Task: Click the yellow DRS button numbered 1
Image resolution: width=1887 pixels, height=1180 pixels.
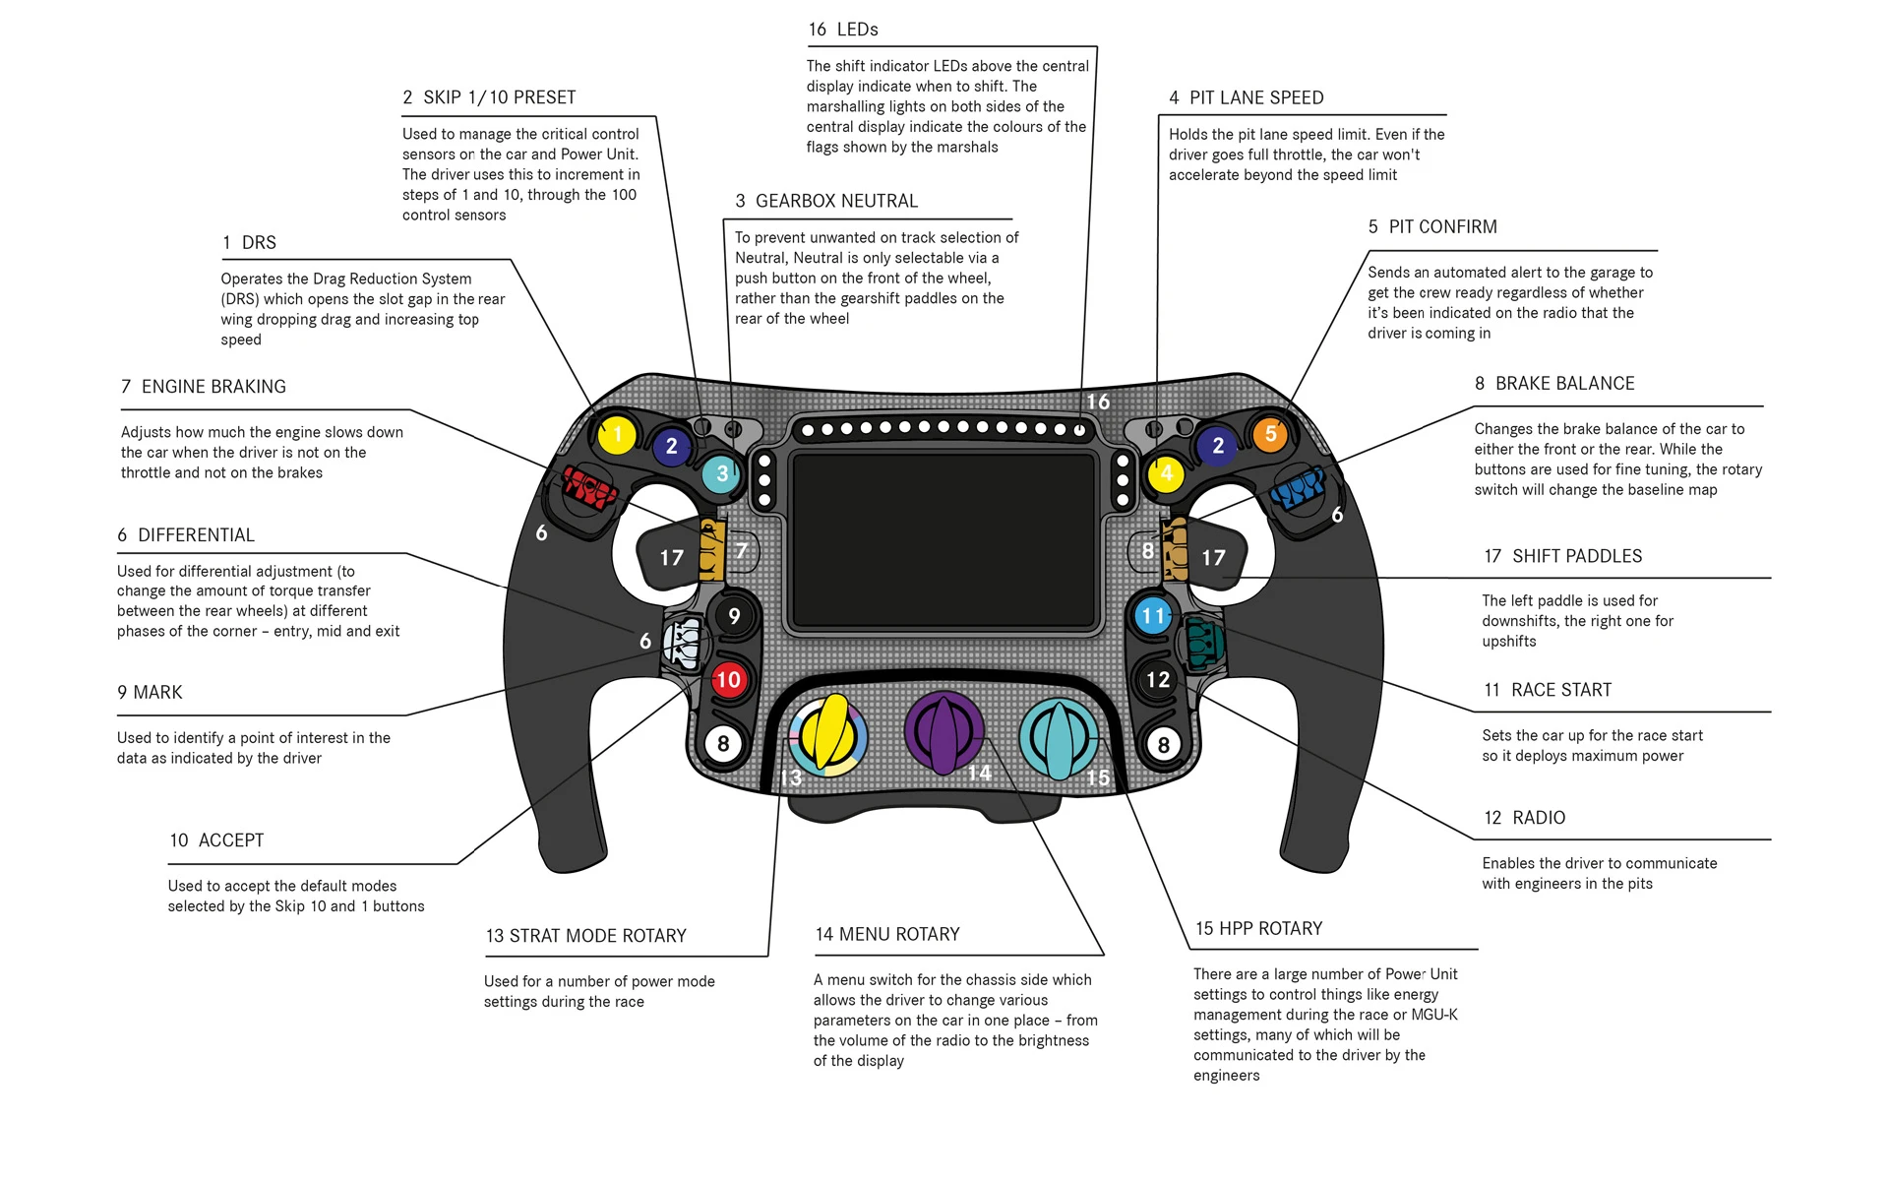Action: coord(617,434)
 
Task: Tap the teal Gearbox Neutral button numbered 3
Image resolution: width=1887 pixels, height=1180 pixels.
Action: coord(722,473)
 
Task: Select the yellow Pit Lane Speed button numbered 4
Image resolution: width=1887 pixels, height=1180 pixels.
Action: coord(1166,473)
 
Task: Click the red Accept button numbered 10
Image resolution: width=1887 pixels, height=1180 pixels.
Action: coord(728,679)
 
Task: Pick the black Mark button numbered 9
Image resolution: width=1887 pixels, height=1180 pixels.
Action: coord(734,616)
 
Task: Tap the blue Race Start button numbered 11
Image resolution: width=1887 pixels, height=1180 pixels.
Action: coord(1152,617)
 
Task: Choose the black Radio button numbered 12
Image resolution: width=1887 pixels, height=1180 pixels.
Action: coord(1158,679)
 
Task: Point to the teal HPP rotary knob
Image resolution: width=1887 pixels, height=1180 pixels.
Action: coord(1059,738)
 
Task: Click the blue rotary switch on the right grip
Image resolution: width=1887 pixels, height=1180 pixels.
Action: coord(1298,487)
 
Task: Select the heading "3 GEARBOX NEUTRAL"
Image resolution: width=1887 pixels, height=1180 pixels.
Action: coord(826,201)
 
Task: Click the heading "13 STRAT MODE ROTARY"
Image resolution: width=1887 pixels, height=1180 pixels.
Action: coord(585,936)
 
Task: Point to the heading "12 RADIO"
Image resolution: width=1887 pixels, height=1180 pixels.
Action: coord(1524,818)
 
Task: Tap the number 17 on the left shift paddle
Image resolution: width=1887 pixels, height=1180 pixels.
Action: coord(671,558)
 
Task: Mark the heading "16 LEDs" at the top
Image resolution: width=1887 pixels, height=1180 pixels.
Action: coord(843,30)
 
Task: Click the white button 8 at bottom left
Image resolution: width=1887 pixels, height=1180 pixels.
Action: coord(723,744)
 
